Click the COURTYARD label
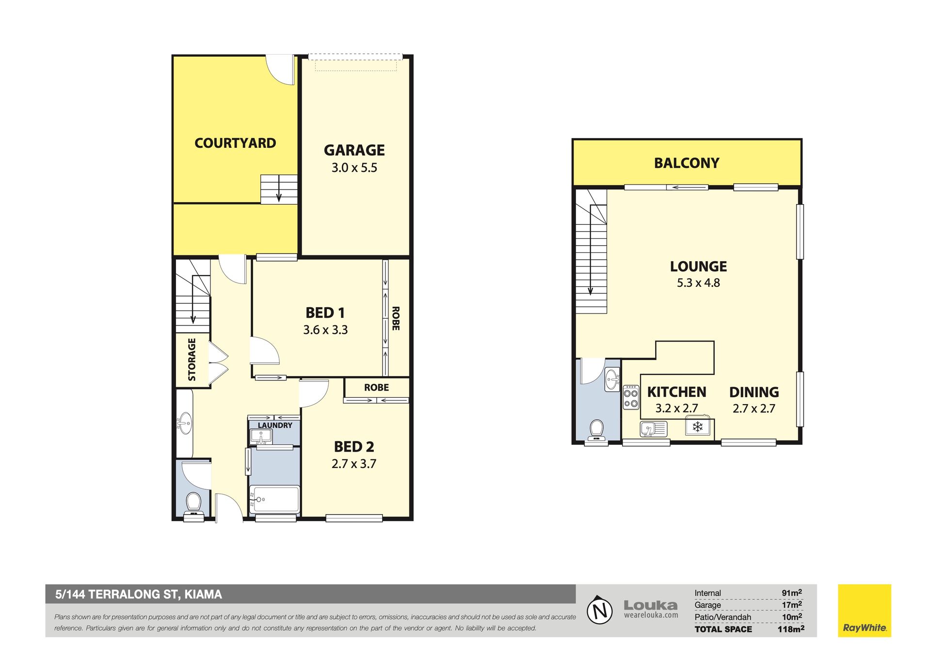tap(235, 143)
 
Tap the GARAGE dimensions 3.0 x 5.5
tap(354, 168)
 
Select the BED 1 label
tap(325, 313)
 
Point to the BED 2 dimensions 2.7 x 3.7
tap(353, 464)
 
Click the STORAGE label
tap(192, 360)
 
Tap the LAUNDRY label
tap(275, 425)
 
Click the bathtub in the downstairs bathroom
tap(274, 499)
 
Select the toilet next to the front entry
tap(193, 504)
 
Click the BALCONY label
tap(687, 163)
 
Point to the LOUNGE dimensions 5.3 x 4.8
tap(698, 282)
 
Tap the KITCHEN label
tap(676, 392)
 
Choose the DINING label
tap(754, 392)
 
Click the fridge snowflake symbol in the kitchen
tap(697, 427)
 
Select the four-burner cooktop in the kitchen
tap(631, 397)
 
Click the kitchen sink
tap(653, 429)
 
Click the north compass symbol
tap(600, 610)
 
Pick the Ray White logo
tap(865, 611)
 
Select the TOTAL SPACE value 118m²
tap(791, 629)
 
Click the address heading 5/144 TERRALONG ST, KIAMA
tap(139, 595)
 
